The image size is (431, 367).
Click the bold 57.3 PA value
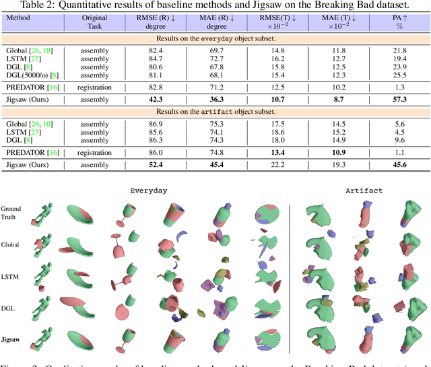click(x=399, y=99)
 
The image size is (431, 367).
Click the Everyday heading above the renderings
click(x=150, y=191)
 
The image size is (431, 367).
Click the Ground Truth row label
click(x=11, y=213)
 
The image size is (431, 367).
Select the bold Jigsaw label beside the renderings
click(x=13, y=341)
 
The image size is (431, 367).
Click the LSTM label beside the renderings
click(x=11, y=277)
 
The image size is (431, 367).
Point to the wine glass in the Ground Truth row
click(x=122, y=215)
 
